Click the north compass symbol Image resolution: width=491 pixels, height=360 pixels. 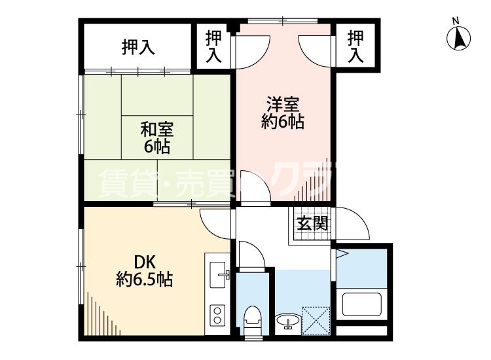[x=459, y=39]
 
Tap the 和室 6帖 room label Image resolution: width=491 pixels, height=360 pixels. [x=157, y=136]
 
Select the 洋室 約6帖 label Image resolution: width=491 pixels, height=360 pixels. [x=283, y=113]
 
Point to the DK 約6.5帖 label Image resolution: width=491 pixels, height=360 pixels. [x=145, y=270]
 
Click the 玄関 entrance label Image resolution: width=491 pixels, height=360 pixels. [x=312, y=223]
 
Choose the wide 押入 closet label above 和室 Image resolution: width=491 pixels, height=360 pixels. [x=138, y=47]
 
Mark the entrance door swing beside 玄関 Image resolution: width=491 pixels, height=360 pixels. [x=354, y=226]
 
